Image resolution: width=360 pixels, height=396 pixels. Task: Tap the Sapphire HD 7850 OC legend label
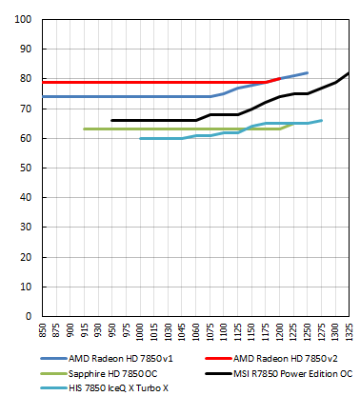tap(113, 373)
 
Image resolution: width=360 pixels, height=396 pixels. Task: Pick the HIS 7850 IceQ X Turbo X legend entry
tap(119, 387)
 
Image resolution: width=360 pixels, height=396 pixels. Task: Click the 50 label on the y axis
tap(26, 168)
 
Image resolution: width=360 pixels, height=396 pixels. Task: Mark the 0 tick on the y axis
tap(29, 316)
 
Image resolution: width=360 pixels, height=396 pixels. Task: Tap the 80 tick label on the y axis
tap(26, 79)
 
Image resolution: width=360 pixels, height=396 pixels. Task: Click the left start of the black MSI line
tap(112, 120)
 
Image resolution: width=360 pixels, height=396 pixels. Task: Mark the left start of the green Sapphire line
tap(85, 129)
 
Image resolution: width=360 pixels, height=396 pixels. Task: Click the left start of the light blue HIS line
tap(140, 138)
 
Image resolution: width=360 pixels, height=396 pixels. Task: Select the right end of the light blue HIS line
tap(322, 120)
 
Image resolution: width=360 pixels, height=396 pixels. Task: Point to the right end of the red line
tap(280, 79)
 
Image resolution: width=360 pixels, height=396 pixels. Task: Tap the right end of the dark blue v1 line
tap(308, 72)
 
